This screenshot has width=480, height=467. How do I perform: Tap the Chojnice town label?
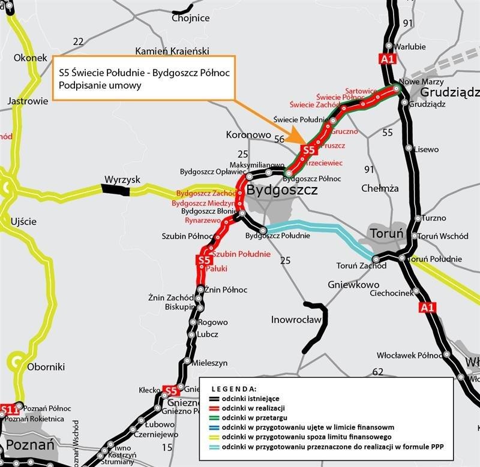click(190, 18)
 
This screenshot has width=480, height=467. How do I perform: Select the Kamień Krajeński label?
click(172, 50)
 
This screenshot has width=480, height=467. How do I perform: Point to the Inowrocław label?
click(296, 319)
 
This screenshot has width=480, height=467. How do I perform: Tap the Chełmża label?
click(380, 188)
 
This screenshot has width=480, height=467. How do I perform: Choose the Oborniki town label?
click(46, 366)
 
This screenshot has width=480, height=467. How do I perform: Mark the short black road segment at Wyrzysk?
click(115, 190)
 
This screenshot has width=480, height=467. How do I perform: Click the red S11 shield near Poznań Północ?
click(8, 410)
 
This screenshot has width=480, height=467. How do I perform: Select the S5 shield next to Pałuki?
click(204, 260)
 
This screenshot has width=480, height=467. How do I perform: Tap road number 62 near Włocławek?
click(377, 372)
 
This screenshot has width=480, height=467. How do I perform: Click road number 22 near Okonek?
click(78, 41)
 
